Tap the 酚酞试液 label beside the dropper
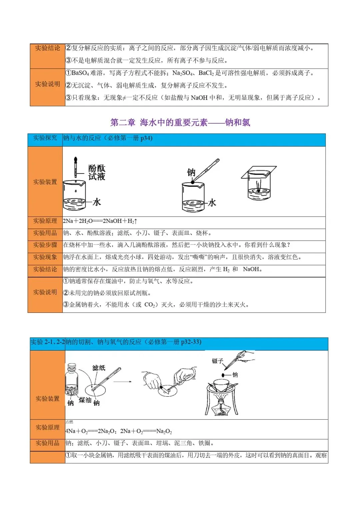tap(97, 172)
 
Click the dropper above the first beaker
tap(76, 167)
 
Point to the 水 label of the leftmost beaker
tap(97, 202)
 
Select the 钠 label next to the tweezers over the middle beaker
tap(191, 173)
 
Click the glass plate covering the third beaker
tap(259, 172)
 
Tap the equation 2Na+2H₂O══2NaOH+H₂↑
tap(100, 221)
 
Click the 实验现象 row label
tap(45, 257)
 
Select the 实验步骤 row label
tap(45, 245)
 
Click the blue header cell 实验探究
tap(45, 138)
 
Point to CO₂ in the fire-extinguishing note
tap(150, 305)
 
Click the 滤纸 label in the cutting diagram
tap(99, 368)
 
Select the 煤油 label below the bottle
tap(85, 400)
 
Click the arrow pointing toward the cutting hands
tap(123, 381)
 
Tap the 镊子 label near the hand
tap(217, 361)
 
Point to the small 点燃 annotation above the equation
tap(69, 422)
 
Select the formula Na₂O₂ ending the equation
tap(164, 431)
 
